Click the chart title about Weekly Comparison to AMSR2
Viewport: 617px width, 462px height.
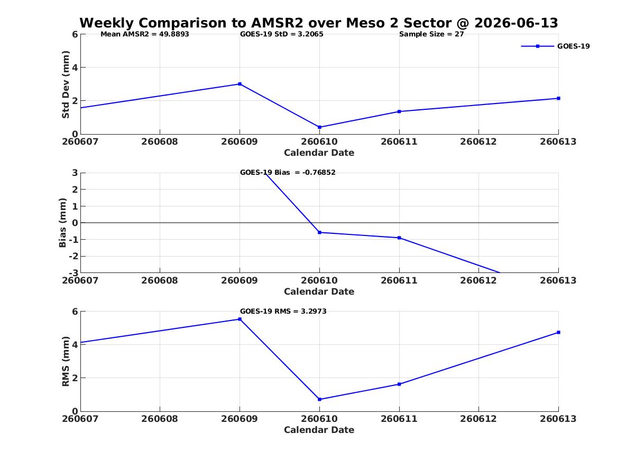tap(319, 23)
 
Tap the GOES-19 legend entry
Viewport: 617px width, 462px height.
tap(555, 46)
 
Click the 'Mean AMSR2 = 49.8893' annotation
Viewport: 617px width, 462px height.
tap(145, 34)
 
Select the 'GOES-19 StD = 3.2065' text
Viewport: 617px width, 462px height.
tap(282, 34)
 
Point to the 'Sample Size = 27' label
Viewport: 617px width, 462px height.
tap(431, 34)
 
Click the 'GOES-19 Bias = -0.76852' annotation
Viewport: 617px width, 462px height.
tap(288, 173)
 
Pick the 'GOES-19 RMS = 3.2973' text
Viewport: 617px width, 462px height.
tap(283, 311)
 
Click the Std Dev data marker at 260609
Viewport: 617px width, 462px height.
tap(240, 84)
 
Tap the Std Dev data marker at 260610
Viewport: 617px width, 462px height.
tap(319, 127)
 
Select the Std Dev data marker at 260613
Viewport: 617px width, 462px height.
tap(558, 98)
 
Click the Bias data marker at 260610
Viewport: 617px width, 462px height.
tap(319, 232)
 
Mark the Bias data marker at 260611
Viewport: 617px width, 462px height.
tap(399, 238)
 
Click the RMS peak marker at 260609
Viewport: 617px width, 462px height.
tap(240, 319)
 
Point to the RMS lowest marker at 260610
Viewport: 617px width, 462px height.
tap(319, 400)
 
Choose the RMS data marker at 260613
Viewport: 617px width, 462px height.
tap(558, 332)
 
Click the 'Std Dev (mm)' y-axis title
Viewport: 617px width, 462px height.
tap(66, 84)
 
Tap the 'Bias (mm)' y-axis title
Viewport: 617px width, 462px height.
tap(62, 223)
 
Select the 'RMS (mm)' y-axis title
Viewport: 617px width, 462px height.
tap(66, 362)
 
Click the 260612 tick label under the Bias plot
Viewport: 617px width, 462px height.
tap(478, 280)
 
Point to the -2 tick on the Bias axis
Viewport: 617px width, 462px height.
tap(73, 256)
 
